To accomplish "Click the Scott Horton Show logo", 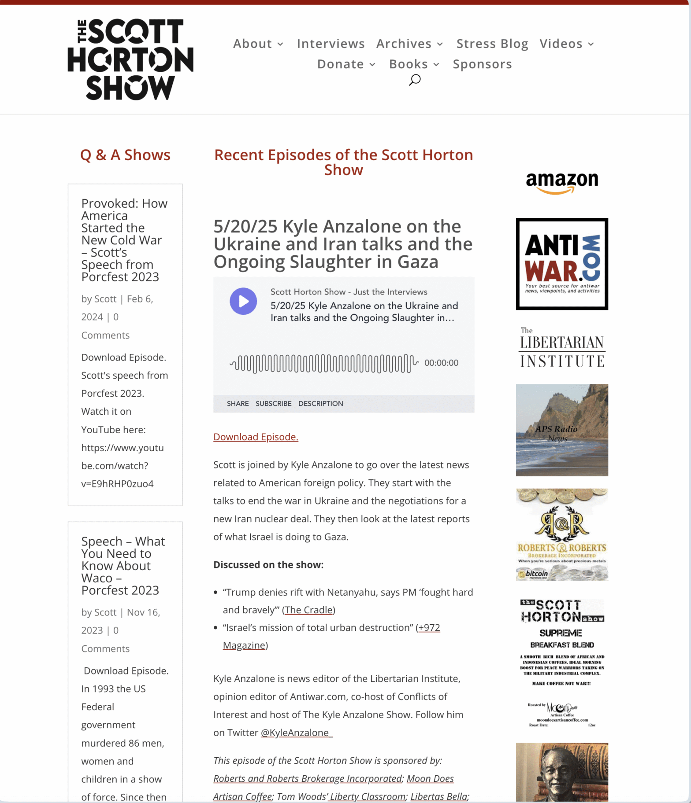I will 130,59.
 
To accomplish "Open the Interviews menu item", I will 331,44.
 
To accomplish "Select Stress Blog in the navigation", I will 492,44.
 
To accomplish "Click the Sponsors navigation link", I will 482,64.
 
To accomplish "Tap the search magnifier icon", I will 415,80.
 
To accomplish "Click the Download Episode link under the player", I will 256,437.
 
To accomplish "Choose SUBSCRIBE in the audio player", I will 273,403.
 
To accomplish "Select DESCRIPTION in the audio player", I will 320,403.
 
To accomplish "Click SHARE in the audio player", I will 238,403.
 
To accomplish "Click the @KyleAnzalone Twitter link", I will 296,733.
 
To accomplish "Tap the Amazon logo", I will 562,182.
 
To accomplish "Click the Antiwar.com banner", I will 562,264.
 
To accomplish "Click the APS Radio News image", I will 562,430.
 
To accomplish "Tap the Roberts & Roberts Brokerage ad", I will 562,534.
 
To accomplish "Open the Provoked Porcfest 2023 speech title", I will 124,240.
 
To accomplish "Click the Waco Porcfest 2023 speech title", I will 123,566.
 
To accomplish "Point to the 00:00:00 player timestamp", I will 441,363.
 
